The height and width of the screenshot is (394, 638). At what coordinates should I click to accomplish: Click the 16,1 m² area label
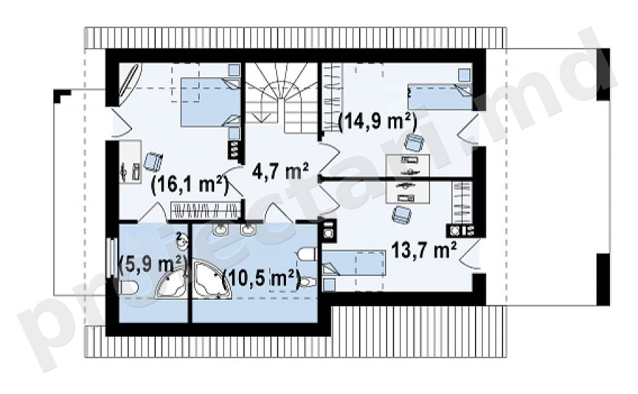click(x=189, y=185)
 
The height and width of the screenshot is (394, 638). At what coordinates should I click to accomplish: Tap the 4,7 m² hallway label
click(x=280, y=171)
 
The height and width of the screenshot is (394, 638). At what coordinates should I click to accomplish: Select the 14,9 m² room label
click(x=377, y=122)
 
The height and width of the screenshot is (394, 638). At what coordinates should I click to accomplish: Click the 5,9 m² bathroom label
click(x=152, y=265)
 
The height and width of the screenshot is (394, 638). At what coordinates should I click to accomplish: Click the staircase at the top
click(x=282, y=98)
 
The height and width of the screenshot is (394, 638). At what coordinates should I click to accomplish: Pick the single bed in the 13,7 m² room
click(x=353, y=263)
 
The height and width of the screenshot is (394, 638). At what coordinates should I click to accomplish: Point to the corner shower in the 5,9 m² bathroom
click(x=171, y=284)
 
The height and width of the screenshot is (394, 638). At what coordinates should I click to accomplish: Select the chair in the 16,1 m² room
click(x=152, y=161)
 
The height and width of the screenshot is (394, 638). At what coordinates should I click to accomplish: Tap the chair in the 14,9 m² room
click(x=415, y=142)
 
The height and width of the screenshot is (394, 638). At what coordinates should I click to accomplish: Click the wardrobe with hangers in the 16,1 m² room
click(x=204, y=211)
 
